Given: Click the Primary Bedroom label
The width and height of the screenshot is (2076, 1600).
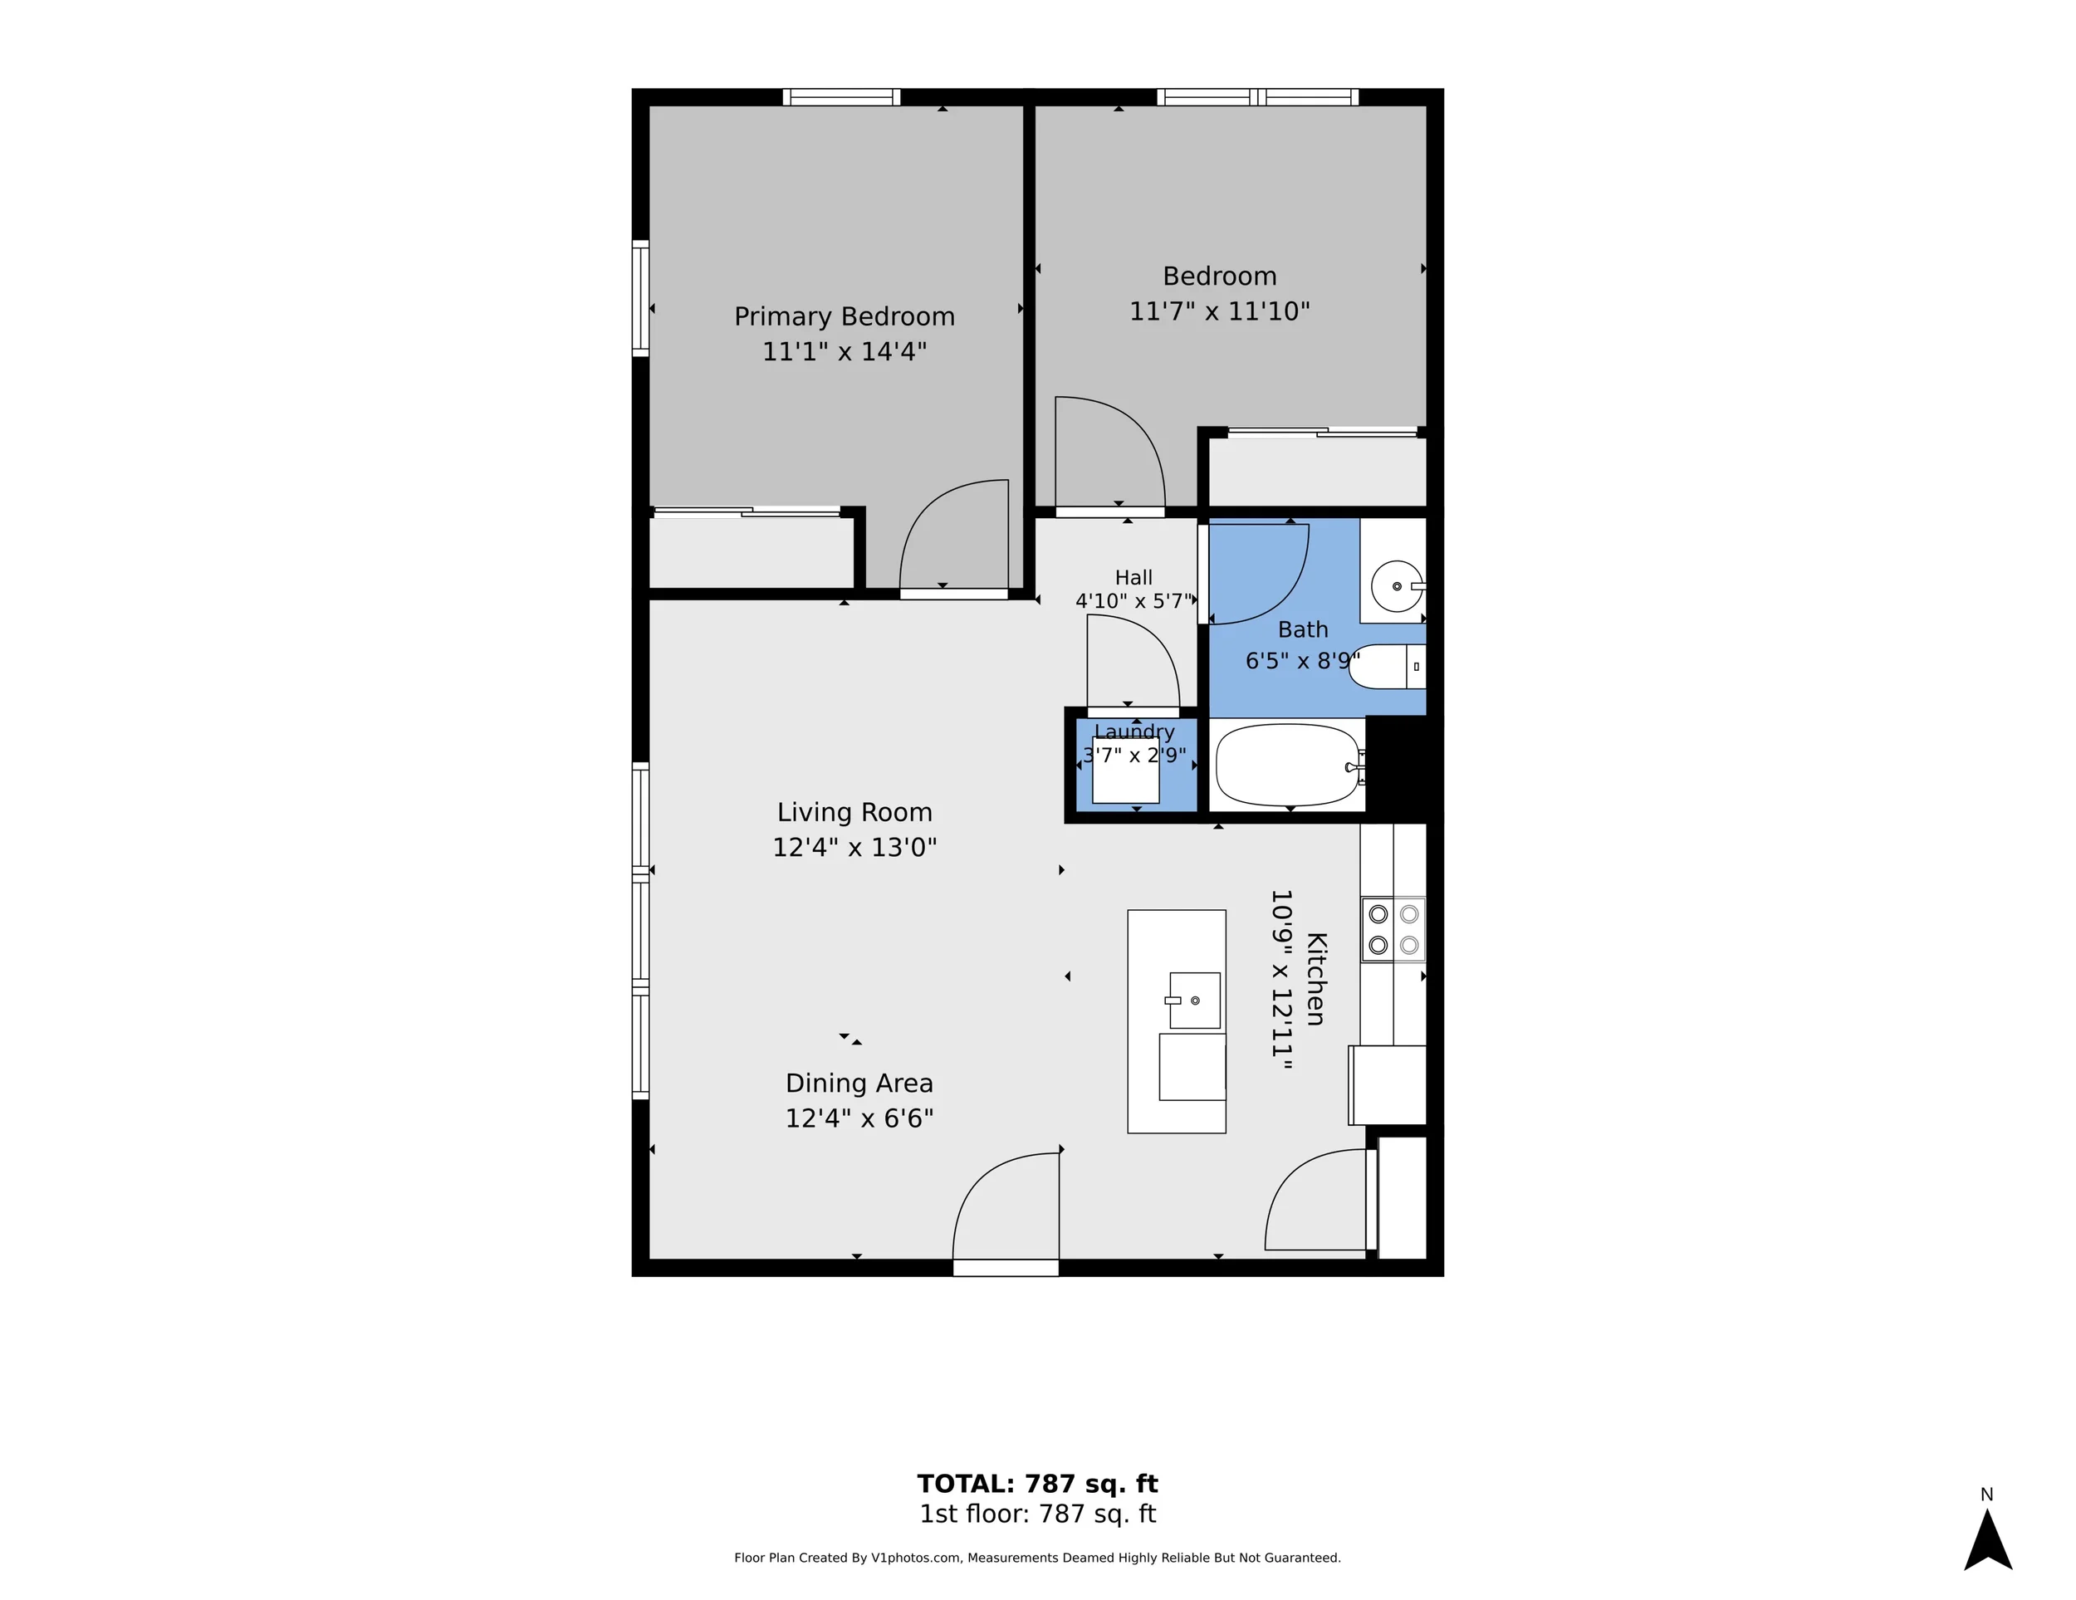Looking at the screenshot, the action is tap(844, 316).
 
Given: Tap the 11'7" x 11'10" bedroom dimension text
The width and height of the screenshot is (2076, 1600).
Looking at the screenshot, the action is tap(1220, 311).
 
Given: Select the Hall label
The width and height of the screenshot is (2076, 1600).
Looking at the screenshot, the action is tap(1133, 577).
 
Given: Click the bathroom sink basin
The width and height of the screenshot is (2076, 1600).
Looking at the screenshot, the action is tap(1398, 585).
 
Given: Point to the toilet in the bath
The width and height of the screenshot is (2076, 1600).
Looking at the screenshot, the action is tap(1387, 667).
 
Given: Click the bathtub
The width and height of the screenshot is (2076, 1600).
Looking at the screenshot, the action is tap(1288, 766).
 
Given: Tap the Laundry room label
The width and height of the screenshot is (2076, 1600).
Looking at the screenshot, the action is tap(1134, 731).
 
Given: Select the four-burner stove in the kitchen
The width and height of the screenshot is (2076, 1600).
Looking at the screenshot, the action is tap(1393, 929).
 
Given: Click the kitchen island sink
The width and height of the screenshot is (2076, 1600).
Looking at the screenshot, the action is tap(1195, 1001).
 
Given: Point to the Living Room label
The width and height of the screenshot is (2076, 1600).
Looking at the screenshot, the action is tap(854, 812).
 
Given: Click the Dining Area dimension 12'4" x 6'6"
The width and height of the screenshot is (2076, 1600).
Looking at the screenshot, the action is tap(859, 1118).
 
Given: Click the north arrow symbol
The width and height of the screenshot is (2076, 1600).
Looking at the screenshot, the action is tap(1988, 1541).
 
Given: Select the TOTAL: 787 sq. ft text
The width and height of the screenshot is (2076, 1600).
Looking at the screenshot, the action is tap(1037, 1484).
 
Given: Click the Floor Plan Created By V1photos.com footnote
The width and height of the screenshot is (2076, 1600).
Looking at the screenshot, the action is tap(1037, 1557).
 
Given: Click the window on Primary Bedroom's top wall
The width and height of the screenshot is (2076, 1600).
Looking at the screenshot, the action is tap(841, 97).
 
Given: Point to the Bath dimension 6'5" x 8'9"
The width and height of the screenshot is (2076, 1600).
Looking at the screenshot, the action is tap(1302, 660).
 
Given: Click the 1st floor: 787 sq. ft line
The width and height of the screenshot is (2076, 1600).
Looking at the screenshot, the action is tap(1037, 1514).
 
